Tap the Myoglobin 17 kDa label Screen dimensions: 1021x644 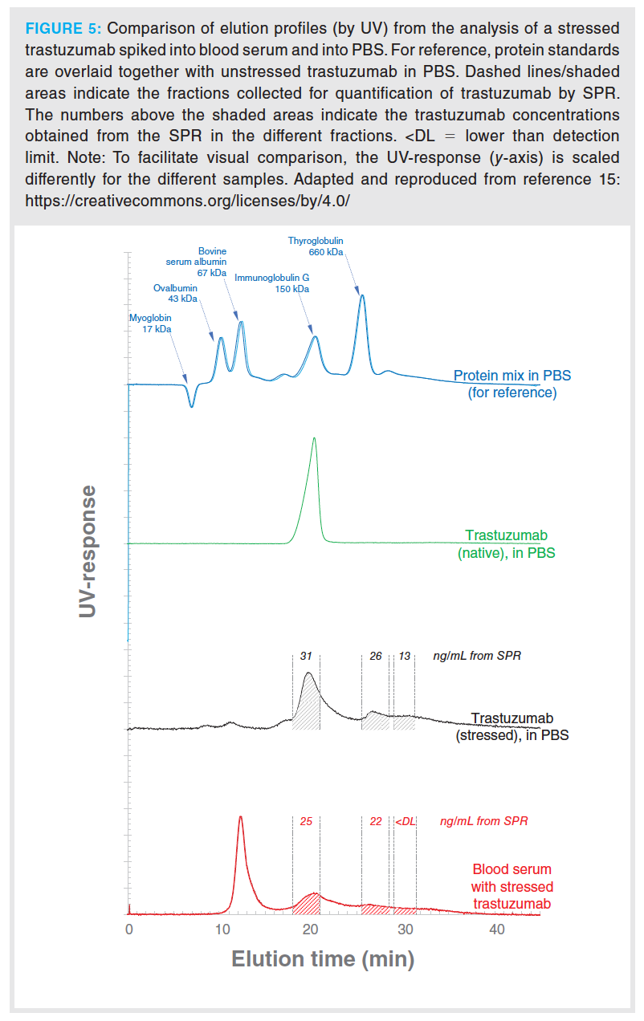151,323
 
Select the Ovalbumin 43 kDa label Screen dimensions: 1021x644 175,293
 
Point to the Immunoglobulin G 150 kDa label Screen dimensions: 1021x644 271,283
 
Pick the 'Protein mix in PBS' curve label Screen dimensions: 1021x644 512,384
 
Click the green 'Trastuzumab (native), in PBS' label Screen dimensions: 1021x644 506,543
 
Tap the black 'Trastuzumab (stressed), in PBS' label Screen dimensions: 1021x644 512,726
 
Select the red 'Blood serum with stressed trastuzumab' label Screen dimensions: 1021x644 512,886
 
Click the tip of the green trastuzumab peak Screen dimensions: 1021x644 314,438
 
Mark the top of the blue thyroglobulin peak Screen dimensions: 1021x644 362,296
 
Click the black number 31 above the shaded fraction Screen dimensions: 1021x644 306,656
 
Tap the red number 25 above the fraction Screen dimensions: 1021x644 306,821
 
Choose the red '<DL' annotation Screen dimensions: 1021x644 405,821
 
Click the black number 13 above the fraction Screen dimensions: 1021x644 405,656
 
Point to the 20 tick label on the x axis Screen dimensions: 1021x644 313,929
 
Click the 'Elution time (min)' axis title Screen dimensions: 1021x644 323,958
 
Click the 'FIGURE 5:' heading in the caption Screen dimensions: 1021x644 63,29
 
